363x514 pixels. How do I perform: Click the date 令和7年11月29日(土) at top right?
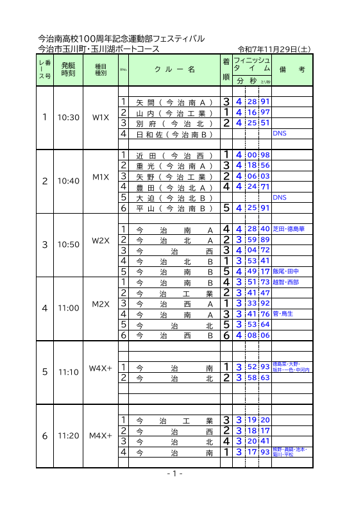click(x=274, y=49)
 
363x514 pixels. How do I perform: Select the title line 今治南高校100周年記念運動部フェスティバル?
click(x=121, y=39)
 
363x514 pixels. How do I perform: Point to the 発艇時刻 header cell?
click(x=68, y=69)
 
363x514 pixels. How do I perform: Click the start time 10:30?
click(x=68, y=117)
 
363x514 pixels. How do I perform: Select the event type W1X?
click(x=101, y=117)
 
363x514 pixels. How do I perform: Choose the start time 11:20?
click(x=68, y=436)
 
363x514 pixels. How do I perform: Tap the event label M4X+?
click(x=101, y=436)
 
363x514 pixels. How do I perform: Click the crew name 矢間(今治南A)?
click(x=174, y=102)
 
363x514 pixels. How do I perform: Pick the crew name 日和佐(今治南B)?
click(x=174, y=135)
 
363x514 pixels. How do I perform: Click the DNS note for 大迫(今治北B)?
click(x=280, y=198)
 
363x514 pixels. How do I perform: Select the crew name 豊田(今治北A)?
click(x=174, y=187)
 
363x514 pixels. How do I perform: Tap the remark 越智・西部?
click(x=285, y=282)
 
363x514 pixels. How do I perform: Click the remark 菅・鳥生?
click(x=283, y=314)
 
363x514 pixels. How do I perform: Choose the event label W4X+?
click(x=101, y=368)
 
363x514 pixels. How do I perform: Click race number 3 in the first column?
click(x=44, y=244)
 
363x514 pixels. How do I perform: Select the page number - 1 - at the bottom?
click(x=175, y=474)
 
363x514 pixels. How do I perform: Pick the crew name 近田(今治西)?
click(x=174, y=155)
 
